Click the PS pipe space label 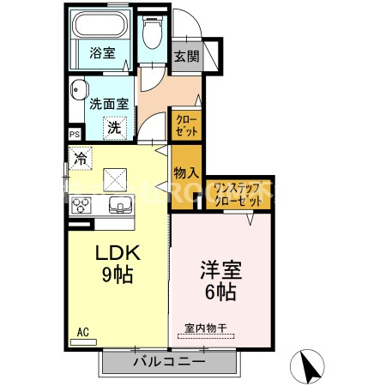tap(75, 134)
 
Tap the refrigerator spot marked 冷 tap(81, 158)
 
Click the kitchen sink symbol tap(118, 205)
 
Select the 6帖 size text tap(220, 293)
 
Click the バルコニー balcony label tap(168, 363)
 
